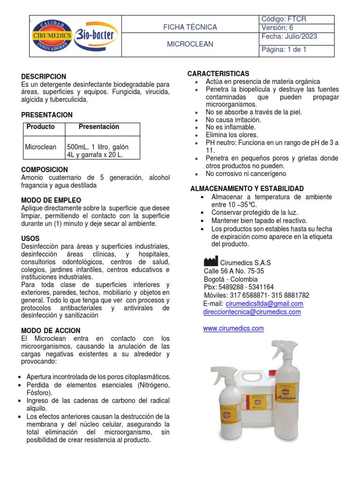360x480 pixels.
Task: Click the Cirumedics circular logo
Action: click(x=52, y=36)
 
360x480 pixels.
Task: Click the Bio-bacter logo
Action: click(x=96, y=35)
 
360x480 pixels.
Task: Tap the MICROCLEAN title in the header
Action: click(x=190, y=44)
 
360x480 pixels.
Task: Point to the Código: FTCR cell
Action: click(x=284, y=19)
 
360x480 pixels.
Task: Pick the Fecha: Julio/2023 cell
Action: click(x=289, y=37)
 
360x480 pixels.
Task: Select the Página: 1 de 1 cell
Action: click(x=284, y=49)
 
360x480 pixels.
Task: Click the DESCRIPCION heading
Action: click(x=44, y=76)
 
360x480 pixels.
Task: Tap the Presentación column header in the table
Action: click(x=98, y=127)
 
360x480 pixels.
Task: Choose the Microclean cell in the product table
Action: click(x=40, y=147)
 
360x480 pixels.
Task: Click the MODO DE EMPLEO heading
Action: click(x=51, y=200)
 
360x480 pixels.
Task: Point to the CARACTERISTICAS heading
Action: click(x=218, y=74)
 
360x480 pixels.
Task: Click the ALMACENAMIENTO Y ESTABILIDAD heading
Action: click(x=247, y=188)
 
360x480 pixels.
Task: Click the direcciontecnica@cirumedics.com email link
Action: click(x=252, y=312)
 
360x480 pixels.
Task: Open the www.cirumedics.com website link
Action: click(x=233, y=329)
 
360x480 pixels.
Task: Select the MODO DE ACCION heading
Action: click(x=51, y=330)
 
